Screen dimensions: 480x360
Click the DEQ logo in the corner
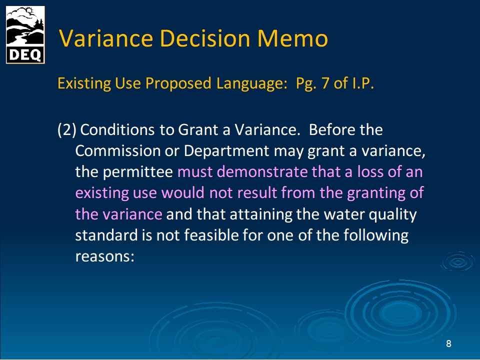(25, 35)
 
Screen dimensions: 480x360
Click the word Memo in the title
(292, 38)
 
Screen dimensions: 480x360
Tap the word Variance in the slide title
(106, 38)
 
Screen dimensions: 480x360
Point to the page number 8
(448, 343)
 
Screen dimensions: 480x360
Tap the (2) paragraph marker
(66, 130)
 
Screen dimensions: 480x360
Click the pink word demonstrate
(262, 171)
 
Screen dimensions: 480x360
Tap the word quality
(392, 214)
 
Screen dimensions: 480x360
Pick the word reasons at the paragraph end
(104, 256)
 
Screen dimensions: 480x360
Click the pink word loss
(370, 171)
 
